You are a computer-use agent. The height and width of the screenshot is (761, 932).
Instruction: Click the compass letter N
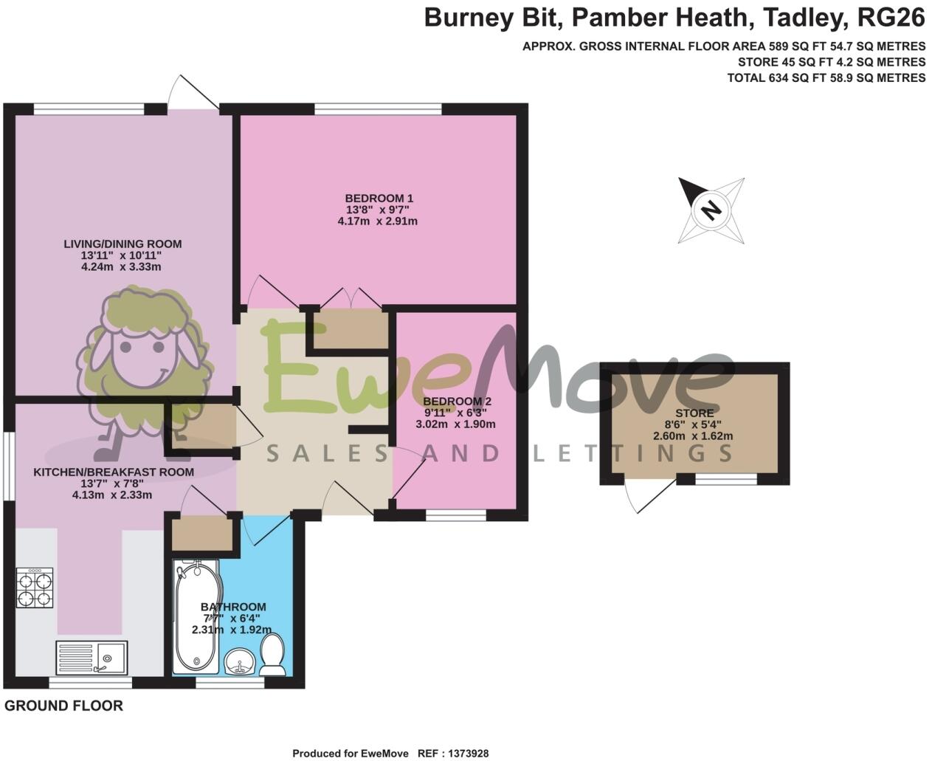710,210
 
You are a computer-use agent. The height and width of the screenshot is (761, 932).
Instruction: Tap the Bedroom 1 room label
379,199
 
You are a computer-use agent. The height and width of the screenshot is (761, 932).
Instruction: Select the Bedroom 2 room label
457,402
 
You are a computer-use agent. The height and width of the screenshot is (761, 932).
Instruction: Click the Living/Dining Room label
122,244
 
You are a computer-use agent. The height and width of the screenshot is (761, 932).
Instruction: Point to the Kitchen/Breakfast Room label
114,472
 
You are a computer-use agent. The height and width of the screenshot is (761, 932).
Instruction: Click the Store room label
694,413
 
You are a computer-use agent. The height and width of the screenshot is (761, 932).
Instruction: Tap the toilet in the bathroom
273,655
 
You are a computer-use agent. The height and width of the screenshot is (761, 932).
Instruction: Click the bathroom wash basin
240,661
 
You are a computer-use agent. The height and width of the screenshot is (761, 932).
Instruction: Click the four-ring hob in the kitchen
35,588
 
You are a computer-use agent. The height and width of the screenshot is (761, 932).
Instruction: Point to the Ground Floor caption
63,706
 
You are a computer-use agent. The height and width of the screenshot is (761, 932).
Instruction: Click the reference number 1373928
463,754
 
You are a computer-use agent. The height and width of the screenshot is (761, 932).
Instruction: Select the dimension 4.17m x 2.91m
377,221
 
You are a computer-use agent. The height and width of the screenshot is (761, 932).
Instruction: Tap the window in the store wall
726,480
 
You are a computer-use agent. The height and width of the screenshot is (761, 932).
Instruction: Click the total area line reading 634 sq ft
826,78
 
